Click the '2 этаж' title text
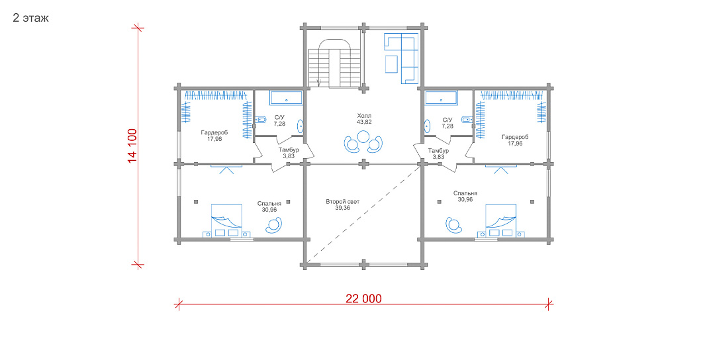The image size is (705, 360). point(30,19)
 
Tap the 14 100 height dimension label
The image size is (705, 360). point(132,146)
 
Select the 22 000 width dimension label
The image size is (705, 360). point(363,299)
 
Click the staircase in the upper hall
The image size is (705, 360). point(336,64)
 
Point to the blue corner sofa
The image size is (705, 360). point(402,58)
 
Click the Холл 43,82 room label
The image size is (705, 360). point(364,118)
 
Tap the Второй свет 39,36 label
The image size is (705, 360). point(343,205)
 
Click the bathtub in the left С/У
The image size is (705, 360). point(286,98)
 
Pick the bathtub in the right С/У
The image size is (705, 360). point(441,98)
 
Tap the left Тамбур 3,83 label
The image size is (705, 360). point(288,153)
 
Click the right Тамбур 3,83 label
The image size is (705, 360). point(438,154)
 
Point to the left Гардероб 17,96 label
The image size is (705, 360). point(214,136)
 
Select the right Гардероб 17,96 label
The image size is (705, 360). point(515,140)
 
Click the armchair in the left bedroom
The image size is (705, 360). point(274,225)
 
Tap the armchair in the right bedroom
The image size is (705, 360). point(453,225)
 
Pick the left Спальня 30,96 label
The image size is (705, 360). point(269,206)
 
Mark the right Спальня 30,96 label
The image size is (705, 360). point(465,197)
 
